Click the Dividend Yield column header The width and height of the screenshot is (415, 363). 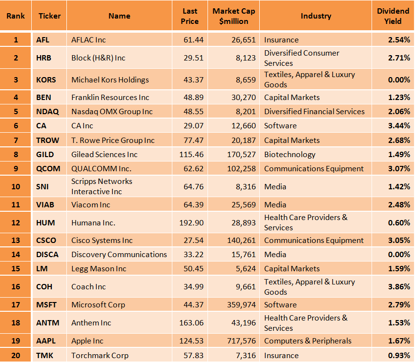393,16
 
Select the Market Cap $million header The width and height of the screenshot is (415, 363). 234,16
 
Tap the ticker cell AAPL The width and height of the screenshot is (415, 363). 46,341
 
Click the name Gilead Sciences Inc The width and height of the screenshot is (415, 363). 104,155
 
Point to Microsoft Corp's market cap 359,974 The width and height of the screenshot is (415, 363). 241,305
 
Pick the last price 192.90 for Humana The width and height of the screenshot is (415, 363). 191,223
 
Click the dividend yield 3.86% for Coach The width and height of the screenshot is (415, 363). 399,287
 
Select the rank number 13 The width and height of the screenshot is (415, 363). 16,240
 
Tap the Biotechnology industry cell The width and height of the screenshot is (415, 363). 290,155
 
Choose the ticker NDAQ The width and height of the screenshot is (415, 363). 47,112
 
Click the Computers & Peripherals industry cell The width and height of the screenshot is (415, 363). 308,341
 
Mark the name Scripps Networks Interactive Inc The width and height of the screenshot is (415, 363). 102,186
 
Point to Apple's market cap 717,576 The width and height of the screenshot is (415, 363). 241,341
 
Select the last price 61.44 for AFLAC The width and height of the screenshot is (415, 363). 193,40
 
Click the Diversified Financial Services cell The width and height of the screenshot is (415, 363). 314,112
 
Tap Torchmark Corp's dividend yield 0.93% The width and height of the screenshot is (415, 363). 399,355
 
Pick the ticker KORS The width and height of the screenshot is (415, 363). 46,80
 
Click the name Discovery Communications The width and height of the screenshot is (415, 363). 119,255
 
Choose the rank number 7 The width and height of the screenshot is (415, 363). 16,140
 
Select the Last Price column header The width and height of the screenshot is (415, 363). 190,16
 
